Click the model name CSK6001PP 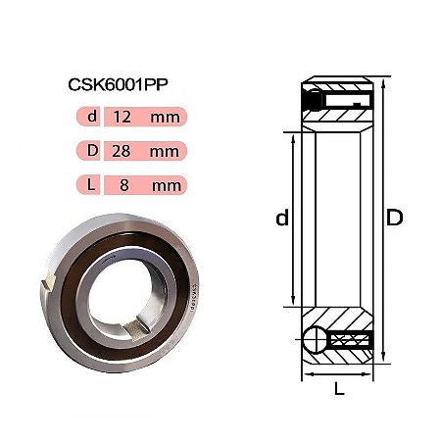click(x=118, y=84)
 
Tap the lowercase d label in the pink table click(x=92, y=116)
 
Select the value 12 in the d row click(x=122, y=117)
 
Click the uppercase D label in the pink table click(x=92, y=150)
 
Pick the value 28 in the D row click(x=122, y=151)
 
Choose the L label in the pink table click(x=91, y=184)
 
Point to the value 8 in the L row click(x=124, y=185)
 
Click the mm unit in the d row click(x=166, y=118)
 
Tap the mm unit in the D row click(x=165, y=152)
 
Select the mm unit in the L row click(x=167, y=186)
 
